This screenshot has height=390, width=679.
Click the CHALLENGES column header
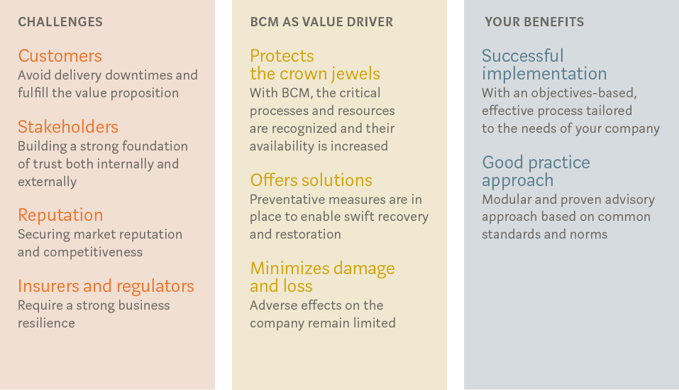click(x=60, y=21)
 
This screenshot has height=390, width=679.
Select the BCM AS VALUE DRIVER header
click(x=321, y=21)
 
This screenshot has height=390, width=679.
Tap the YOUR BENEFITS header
click(x=534, y=21)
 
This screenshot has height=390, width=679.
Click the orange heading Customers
click(x=60, y=56)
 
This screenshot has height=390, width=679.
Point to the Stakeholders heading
click(x=68, y=127)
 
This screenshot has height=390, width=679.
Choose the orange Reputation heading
click(x=60, y=215)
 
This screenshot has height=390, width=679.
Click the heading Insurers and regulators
click(x=106, y=286)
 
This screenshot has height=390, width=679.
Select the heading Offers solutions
click(x=311, y=180)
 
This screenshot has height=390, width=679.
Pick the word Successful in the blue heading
click(x=523, y=56)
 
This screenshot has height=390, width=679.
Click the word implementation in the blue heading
click(x=544, y=74)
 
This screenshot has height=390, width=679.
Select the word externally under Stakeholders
click(x=48, y=182)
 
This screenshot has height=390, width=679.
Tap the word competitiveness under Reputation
click(x=93, y=252)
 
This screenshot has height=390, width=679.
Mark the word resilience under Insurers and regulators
click(x=46, y=323)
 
